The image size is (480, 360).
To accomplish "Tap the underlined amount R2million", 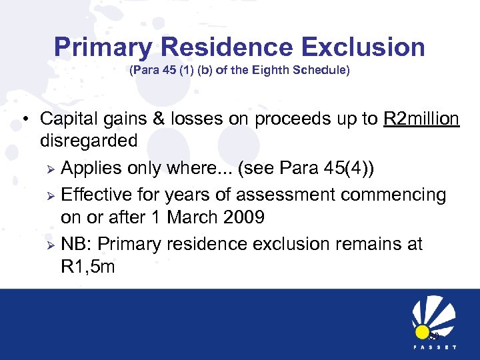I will (x=421, y=119).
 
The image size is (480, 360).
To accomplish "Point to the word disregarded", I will (x=89, y=141).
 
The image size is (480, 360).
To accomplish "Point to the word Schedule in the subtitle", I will (x=323, y=70).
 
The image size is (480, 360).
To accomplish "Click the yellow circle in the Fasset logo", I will (x=422, y=332).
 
